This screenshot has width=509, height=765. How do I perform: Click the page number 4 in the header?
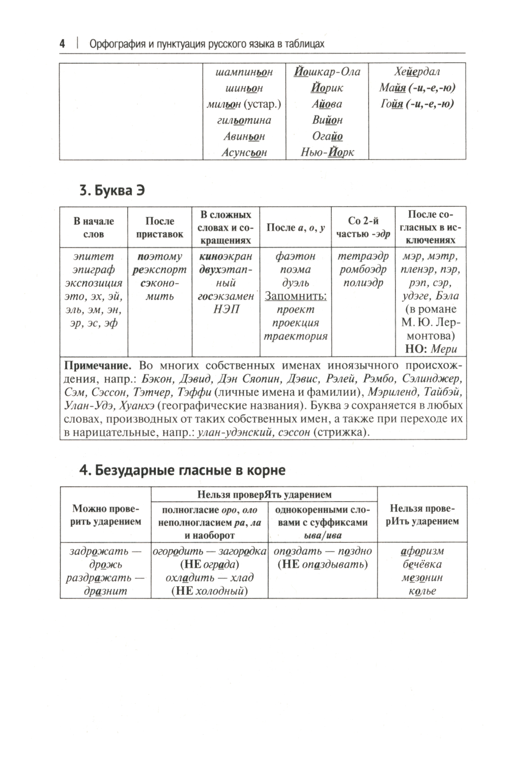click(x=62, y=44)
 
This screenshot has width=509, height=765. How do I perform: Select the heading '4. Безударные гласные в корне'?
click(x=183, y=470)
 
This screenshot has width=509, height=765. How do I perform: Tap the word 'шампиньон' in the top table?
click(x=244, y=72)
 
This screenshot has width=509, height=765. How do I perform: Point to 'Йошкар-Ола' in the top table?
click(x=327, y=72)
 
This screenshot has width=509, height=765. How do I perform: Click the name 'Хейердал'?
click(x=417, y=72)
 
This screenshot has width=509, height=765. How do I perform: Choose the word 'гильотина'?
click(x=244, y=120)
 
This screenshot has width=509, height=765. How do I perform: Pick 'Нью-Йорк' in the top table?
click(x=327, y=152)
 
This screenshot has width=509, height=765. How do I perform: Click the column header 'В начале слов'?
click(x=94, y=227)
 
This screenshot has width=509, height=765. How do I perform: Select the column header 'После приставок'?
click(x=160, y=227)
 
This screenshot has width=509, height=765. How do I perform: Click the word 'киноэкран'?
click(x=226, y=256)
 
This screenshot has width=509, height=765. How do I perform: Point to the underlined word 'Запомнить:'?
click(x=295, y=296)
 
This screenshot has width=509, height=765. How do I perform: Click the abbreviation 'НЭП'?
click(x=226, y=309)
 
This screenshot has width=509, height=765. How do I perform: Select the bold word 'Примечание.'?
click(x=97, y=365)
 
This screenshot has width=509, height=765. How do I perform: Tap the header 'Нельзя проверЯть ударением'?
click(x=264, y=494)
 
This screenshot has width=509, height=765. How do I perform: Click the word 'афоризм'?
click(x=422, y=551)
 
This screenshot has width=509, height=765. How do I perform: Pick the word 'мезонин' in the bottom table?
click(x=422, y=578)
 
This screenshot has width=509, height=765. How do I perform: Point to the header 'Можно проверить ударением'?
click(x=105, y=514)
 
